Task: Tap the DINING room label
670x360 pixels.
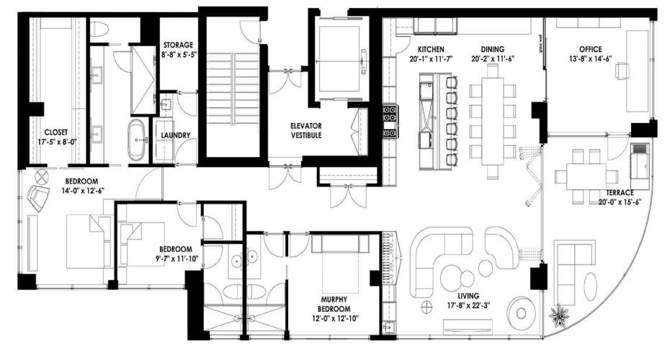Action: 493,50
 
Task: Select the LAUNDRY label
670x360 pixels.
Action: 176,135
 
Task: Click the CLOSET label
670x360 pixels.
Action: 55,132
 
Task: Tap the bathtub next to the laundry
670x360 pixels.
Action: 136,140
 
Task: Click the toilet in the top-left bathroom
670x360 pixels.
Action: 99,30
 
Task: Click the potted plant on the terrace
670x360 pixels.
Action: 559,314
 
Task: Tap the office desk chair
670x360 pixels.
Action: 623,70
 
